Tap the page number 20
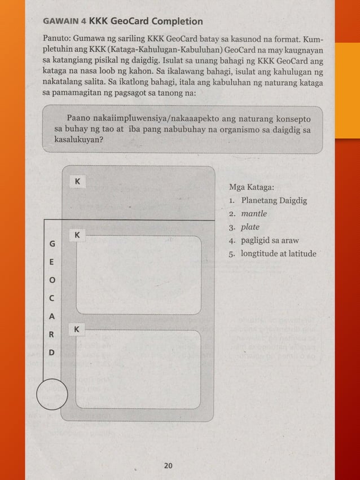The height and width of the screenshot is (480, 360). [168, 466]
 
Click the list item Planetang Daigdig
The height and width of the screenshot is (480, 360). [274, 200]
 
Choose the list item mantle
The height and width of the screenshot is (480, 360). [254, 214]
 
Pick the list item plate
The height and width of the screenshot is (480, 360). [250, 227]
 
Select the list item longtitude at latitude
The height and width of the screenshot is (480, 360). [278, 254]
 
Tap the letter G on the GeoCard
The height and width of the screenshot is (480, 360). [52, 244]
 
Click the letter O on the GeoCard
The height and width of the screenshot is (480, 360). [52, 280]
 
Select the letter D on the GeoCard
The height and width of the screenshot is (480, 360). [52, 353]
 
